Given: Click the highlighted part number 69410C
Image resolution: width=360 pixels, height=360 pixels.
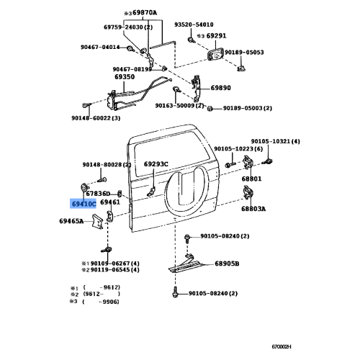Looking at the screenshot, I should pos(83,204).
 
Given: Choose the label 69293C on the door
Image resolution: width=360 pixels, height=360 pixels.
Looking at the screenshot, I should pos(156,163).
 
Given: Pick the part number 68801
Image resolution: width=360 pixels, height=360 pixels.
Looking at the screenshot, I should pos(251,178).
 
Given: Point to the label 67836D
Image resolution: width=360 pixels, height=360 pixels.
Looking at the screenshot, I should pos(98,193).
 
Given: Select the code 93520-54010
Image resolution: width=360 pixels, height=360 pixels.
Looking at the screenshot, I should pos(194,24).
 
